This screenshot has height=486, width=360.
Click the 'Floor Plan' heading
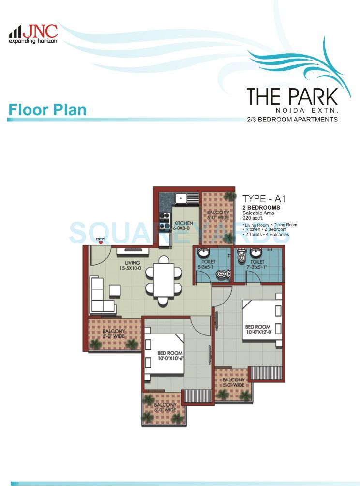(x=47, y=109)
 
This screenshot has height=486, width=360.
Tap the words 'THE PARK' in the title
(x=292, y=96)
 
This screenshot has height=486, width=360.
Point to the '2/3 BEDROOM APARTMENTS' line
(x=292, y=119)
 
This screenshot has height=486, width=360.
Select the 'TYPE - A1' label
(x=260, y=198)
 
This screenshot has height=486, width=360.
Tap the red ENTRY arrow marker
(x=101, y=242)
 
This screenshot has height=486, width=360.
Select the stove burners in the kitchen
(x=164, y=218)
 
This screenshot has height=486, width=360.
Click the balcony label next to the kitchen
(x=217, y=215)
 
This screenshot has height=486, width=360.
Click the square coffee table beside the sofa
(x=115, y=290)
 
